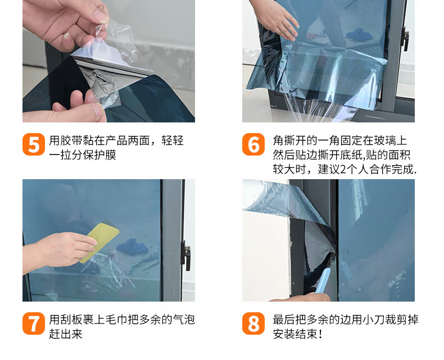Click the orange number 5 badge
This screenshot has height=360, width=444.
tap(34, 144)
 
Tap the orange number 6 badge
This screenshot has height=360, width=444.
tap(253, 144)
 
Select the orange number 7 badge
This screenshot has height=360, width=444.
tap(34, 323)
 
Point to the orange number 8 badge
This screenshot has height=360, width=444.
tap(253, 323)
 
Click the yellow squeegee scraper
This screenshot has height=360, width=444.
tap(99, 242)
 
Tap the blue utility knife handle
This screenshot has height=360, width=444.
tap(323, 281)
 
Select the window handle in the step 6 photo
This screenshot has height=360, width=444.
tap(405, 39)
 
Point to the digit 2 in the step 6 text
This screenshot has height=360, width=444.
tap(343, 169)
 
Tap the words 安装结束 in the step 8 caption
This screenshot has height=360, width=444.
tap(295, 334)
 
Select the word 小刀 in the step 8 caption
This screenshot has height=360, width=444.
tap(379, 320)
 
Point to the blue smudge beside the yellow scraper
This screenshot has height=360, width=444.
tap(132, 247)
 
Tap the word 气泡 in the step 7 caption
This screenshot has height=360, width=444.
tap(184, 320)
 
